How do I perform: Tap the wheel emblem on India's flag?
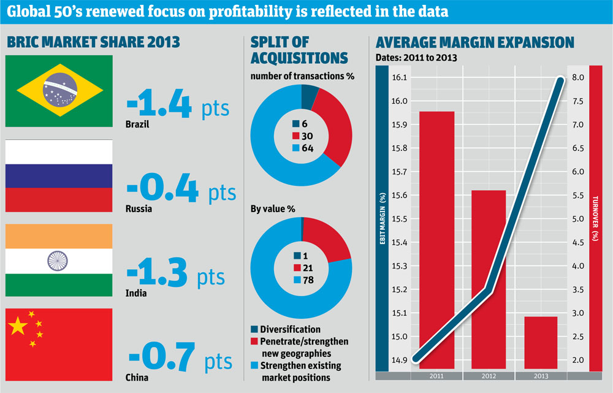[x=59, y=261]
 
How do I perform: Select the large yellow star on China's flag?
[x=18, y=327]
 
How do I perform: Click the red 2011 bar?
[x=436, y=239]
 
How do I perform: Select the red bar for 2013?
[x=541, y=343]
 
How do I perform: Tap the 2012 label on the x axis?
[x=489, y=375]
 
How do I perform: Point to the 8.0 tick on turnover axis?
[x=577, y=77]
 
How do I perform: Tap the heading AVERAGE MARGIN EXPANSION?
[x=474, y=42]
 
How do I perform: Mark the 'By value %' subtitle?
[x=273, y=208]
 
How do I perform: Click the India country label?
[x=137, y=293]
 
